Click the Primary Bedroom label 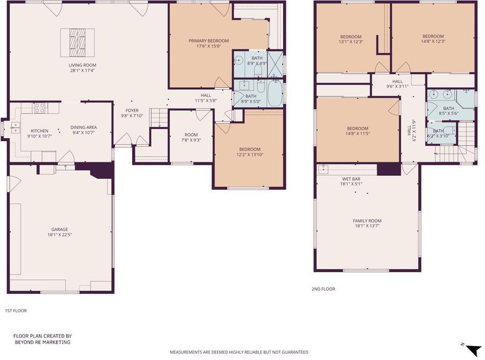(x=209, y=41)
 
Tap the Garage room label (x=59, y=230)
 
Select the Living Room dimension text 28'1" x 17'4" (x=82, y=70)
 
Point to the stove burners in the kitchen (x=39, y=108)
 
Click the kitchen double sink (x=15, y=128)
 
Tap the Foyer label (x=132, y=110)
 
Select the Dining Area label (x=84, y=127)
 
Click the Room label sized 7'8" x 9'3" (x=191, y=135)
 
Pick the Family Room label (x=367, y=221)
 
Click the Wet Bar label (x=351, y=179)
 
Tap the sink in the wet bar (x=323, y=169)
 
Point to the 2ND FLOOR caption (x=323, y=289)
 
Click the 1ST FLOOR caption (x=16, y=310)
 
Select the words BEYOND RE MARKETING (x=42, y=342)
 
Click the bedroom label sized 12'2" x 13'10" (x=250, y=152)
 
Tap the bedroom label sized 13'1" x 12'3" (x=351, y=39)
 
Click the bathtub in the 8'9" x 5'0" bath (x=274, y=93)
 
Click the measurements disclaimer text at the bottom (x=239, y=352)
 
